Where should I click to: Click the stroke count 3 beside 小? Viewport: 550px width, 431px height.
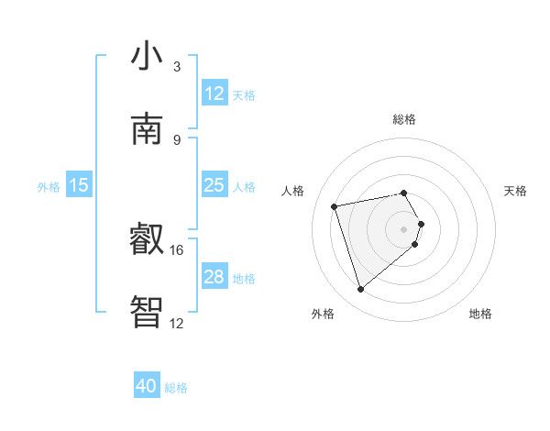[x=176, y=67]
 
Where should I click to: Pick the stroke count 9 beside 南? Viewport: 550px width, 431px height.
[x=176, y=139]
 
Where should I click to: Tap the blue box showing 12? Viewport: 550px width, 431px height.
[x=214, y=93]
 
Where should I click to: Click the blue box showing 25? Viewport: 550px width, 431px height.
[x=214, y=185]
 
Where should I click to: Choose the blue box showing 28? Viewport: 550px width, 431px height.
[x=214, y=277]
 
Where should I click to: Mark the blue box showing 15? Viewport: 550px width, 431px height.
[x=79, y=185]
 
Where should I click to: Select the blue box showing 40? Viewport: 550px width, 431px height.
[x=147, y=386]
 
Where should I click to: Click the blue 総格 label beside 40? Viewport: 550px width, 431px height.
[x=176, y=388]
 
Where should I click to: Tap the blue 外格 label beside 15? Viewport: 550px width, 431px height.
[x=49, y=187]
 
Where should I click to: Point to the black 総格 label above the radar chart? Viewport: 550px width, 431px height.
[x=404, y=119]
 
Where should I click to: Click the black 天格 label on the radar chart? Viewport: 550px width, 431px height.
[x=516, y=191]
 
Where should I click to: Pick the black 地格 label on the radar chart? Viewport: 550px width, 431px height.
[x=480, y=315]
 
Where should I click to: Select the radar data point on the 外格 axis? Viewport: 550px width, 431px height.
[x=360, y=290]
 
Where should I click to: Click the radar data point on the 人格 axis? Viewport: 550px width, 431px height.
[x=335, y=205]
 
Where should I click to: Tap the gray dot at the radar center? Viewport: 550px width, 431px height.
[x=404, y=228]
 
